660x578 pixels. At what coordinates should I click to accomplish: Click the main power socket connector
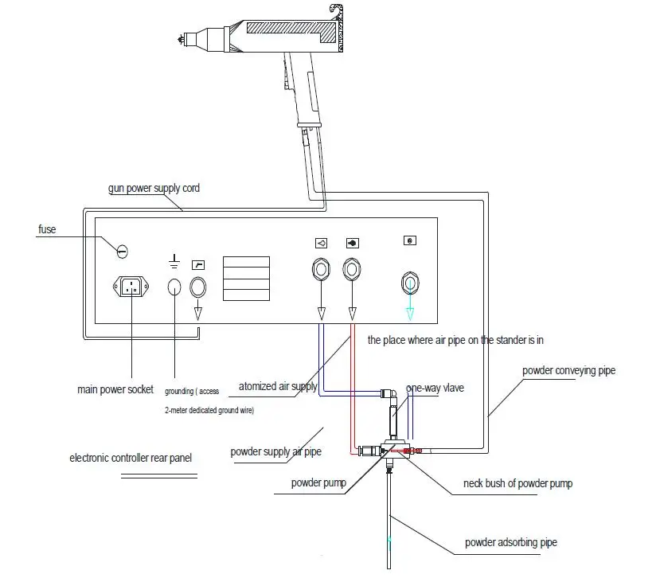[133, 286]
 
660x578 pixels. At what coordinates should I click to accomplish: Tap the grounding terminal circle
[174, 287]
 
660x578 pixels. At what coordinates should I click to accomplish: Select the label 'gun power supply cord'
[154, 189]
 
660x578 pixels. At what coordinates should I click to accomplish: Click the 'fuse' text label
[47, 230]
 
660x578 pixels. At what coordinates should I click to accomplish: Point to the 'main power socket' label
[115, 390]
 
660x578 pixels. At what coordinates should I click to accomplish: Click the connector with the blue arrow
[410, 283]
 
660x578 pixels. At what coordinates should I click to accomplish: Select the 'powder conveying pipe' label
[568, 370]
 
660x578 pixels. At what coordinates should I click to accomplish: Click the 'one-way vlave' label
[435, 388]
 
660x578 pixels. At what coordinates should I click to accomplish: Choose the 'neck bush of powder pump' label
[517, 483]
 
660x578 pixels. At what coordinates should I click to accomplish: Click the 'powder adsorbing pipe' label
[511, 543]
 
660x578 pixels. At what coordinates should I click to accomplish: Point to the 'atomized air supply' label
[278, 387]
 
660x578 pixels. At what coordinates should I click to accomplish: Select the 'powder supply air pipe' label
[276, 451]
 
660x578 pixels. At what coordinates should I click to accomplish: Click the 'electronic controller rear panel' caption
[131, 458]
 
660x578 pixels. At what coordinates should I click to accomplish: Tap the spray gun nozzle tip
[180, 38]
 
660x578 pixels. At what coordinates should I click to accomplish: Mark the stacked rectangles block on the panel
[245, 278]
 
